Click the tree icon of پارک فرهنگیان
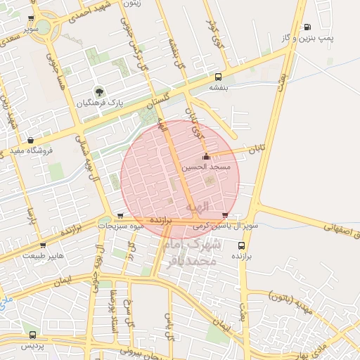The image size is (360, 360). (98, 91)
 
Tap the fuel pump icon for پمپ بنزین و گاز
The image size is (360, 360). (307, 27)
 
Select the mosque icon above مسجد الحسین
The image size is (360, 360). (205, 156)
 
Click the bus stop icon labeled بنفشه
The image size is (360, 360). (219, 76)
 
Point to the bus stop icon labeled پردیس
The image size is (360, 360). (32, 335)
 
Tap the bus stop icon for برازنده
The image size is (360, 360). (241, 245)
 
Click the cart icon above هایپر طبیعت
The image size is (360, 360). (43, 245)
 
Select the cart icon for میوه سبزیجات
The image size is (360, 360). (120, 216)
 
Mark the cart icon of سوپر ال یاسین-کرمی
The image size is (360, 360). (224, 215)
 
